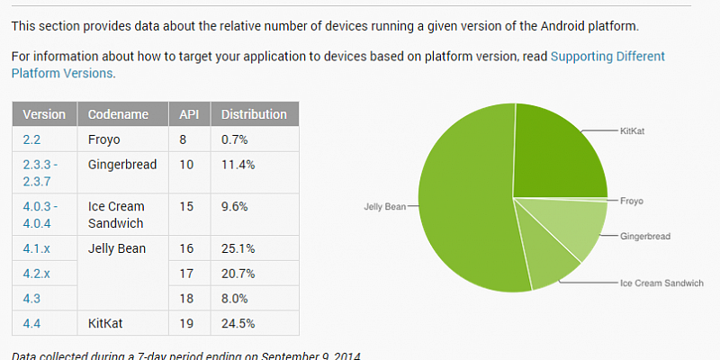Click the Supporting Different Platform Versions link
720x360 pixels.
pyautogui.click(x=607, y=56)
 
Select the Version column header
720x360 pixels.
pyautogui.click(x=44, y=114)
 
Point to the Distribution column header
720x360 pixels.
pyautogui.click(x=254, y=114)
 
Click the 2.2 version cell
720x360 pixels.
pyautogui.click(x=31, y=140)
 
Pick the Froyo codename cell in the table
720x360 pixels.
pyautogui.click(x=103, y=140)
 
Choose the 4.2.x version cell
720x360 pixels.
pyautogui.click(x=36, y=273)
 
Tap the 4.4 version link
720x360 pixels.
pyautogui.click(x=31, y=322)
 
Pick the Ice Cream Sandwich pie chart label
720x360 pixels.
pyautogui.click(x=661, y=283)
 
